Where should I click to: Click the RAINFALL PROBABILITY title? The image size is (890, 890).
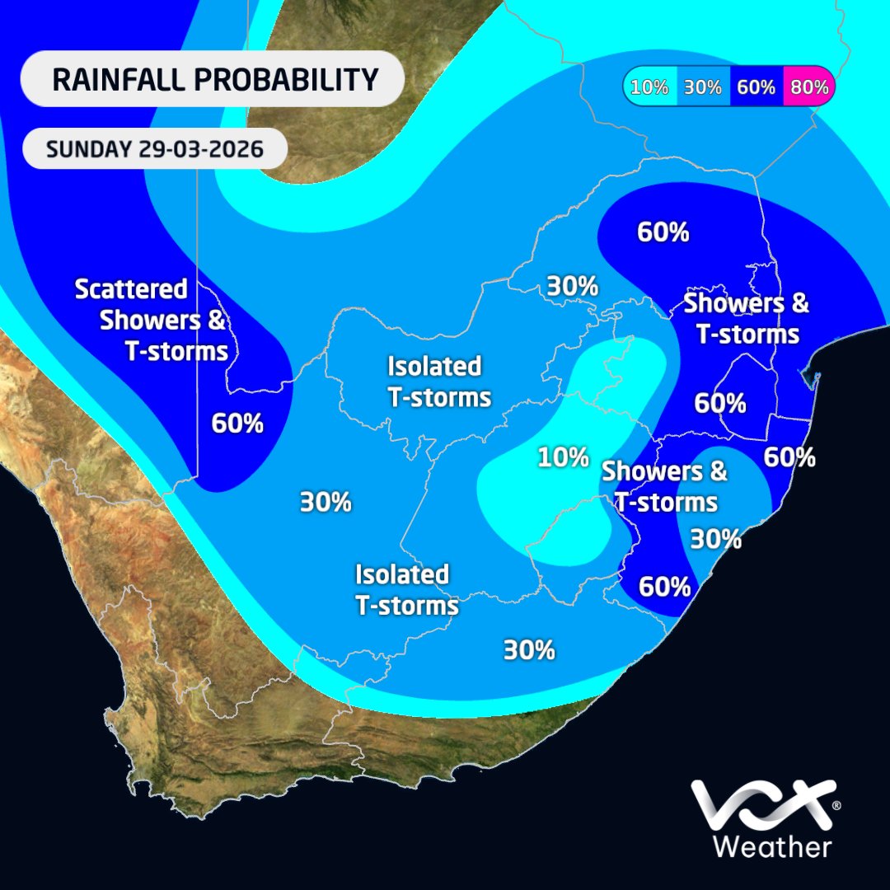click(214, 80)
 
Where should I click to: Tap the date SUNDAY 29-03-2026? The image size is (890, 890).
click(155, 150)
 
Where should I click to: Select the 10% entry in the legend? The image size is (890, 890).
click(650, 87)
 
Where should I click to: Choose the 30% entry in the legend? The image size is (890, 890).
click(703, 87)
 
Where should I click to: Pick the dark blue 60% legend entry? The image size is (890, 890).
click(756, 87)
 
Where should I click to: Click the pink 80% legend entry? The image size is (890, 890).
click(809, 87)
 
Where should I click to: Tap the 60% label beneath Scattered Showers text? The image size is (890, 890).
click(237, 424)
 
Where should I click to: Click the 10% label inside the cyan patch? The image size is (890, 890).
click(564, 457)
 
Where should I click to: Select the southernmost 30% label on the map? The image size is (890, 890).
click(529, 650)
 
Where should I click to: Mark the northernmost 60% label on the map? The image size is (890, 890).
click(663, 232)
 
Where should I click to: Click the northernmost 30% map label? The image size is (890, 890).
click(572, 287)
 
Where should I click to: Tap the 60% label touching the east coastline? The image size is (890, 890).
click(789, 456)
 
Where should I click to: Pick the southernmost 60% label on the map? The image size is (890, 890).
click(664, 587)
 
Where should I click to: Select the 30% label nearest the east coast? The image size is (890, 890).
click(715, 539)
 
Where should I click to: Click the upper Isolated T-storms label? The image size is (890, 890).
click(438, 382)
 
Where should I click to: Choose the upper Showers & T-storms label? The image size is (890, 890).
click(747, 318)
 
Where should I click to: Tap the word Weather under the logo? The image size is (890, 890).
click(771, 847)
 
